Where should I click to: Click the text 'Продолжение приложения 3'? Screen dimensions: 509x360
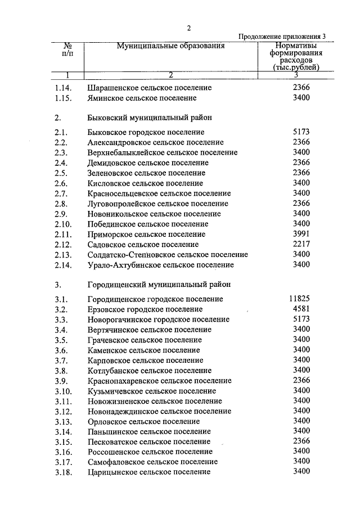(x=282, y=37)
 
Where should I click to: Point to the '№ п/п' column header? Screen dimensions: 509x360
(x=67, y=50)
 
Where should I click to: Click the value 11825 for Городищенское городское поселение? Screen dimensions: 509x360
(x=298, y=299)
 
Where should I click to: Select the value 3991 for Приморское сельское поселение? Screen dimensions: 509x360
(x=301, y=234)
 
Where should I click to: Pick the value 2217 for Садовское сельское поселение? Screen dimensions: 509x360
(x=301, y=244)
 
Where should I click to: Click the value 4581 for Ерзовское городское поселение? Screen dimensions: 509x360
(x=301, y=309)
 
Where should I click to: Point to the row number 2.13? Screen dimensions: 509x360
(x=64, y=255)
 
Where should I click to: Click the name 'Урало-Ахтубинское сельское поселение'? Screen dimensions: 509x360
(x=160, y=265)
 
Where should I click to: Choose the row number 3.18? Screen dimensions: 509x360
(x=64, y=472)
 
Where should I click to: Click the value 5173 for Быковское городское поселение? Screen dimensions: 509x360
(x=301, y=132)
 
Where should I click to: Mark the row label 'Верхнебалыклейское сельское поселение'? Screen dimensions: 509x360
(x=163, y=152)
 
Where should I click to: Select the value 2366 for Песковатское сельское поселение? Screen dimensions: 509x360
(x=301, y=441)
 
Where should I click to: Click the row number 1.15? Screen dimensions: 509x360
(x=64, y=98)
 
